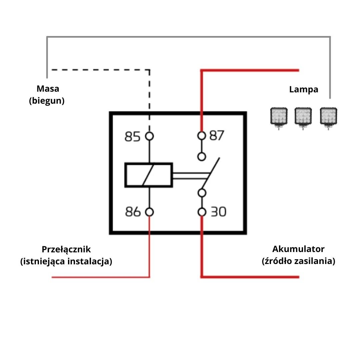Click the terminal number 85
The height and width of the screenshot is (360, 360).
coord(132,137)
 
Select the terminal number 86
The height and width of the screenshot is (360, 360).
coord(133,212)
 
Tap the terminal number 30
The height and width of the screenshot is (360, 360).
coord(218,212)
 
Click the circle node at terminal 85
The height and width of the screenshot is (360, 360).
coord(149,136)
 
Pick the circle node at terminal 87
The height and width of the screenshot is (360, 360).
coord(201,136)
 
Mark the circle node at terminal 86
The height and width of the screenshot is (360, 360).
coord(149,212)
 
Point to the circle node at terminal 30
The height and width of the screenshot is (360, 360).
coord(201,212)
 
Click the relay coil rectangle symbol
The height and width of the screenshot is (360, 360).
coord(149,175)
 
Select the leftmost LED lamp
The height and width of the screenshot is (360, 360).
coord(278,117)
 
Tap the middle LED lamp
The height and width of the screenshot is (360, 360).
coord(303,117)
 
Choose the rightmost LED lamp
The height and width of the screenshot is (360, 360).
coord(329,117)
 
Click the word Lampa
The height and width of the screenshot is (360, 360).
coord(304,89)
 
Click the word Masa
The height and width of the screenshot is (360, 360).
coord(48,89)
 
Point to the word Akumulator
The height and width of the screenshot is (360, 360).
coord(298,249)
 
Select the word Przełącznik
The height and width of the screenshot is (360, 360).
coord(66,249)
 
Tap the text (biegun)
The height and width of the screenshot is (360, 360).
coord(47,101)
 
